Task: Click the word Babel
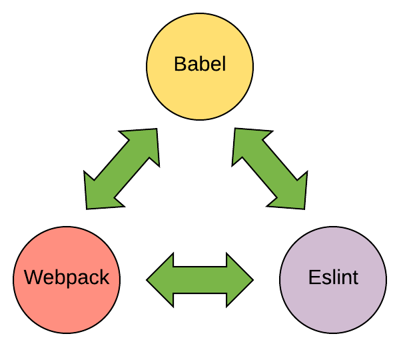tap(200, 65)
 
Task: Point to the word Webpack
tap(67, 277)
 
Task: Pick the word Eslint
tap(333, 277)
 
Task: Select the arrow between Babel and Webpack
tap(121, 169)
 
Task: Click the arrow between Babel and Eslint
tap(270, 169)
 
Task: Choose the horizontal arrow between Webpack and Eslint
tap(200, 279)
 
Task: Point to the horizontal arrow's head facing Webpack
tap(161, 279)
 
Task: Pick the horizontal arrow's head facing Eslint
tap(240, 279)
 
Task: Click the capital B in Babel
tap(179, 65)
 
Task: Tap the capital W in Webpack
tap(32, 277)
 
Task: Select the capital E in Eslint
tap(314, 277)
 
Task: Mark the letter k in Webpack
tap(104, 277)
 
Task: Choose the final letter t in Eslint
tap(355, 277)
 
